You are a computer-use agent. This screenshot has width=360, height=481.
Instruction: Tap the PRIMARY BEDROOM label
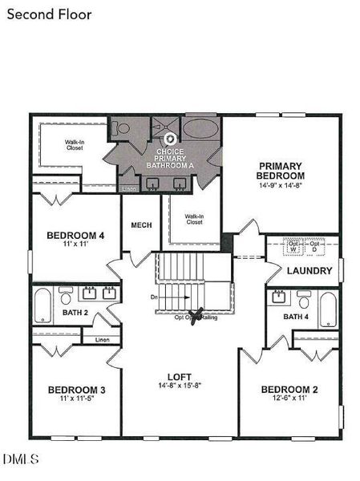pyautogui.click(x=280, y=170)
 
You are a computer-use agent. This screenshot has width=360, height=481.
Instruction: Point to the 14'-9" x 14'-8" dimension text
pyautogui.click(x=280, y=185)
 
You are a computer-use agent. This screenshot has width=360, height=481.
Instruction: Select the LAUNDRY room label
pyautogui.click(x=309, y=271)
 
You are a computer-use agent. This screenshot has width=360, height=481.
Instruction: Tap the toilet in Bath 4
pyautogui.click(x=304, y=301)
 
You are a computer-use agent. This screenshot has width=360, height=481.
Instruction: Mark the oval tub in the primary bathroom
pyautogui.click(x=199, y=129)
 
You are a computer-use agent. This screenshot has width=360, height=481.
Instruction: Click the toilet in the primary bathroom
pyautogui.click(x=119, y=128)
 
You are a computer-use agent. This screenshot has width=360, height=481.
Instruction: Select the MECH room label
pyautogui.click(x=141, y=225)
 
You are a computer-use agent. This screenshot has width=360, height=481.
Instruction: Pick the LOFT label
pyautogui.click(x=179, y=375)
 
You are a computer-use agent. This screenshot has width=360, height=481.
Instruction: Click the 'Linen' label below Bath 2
pyautogui.click(x=102, y=340)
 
